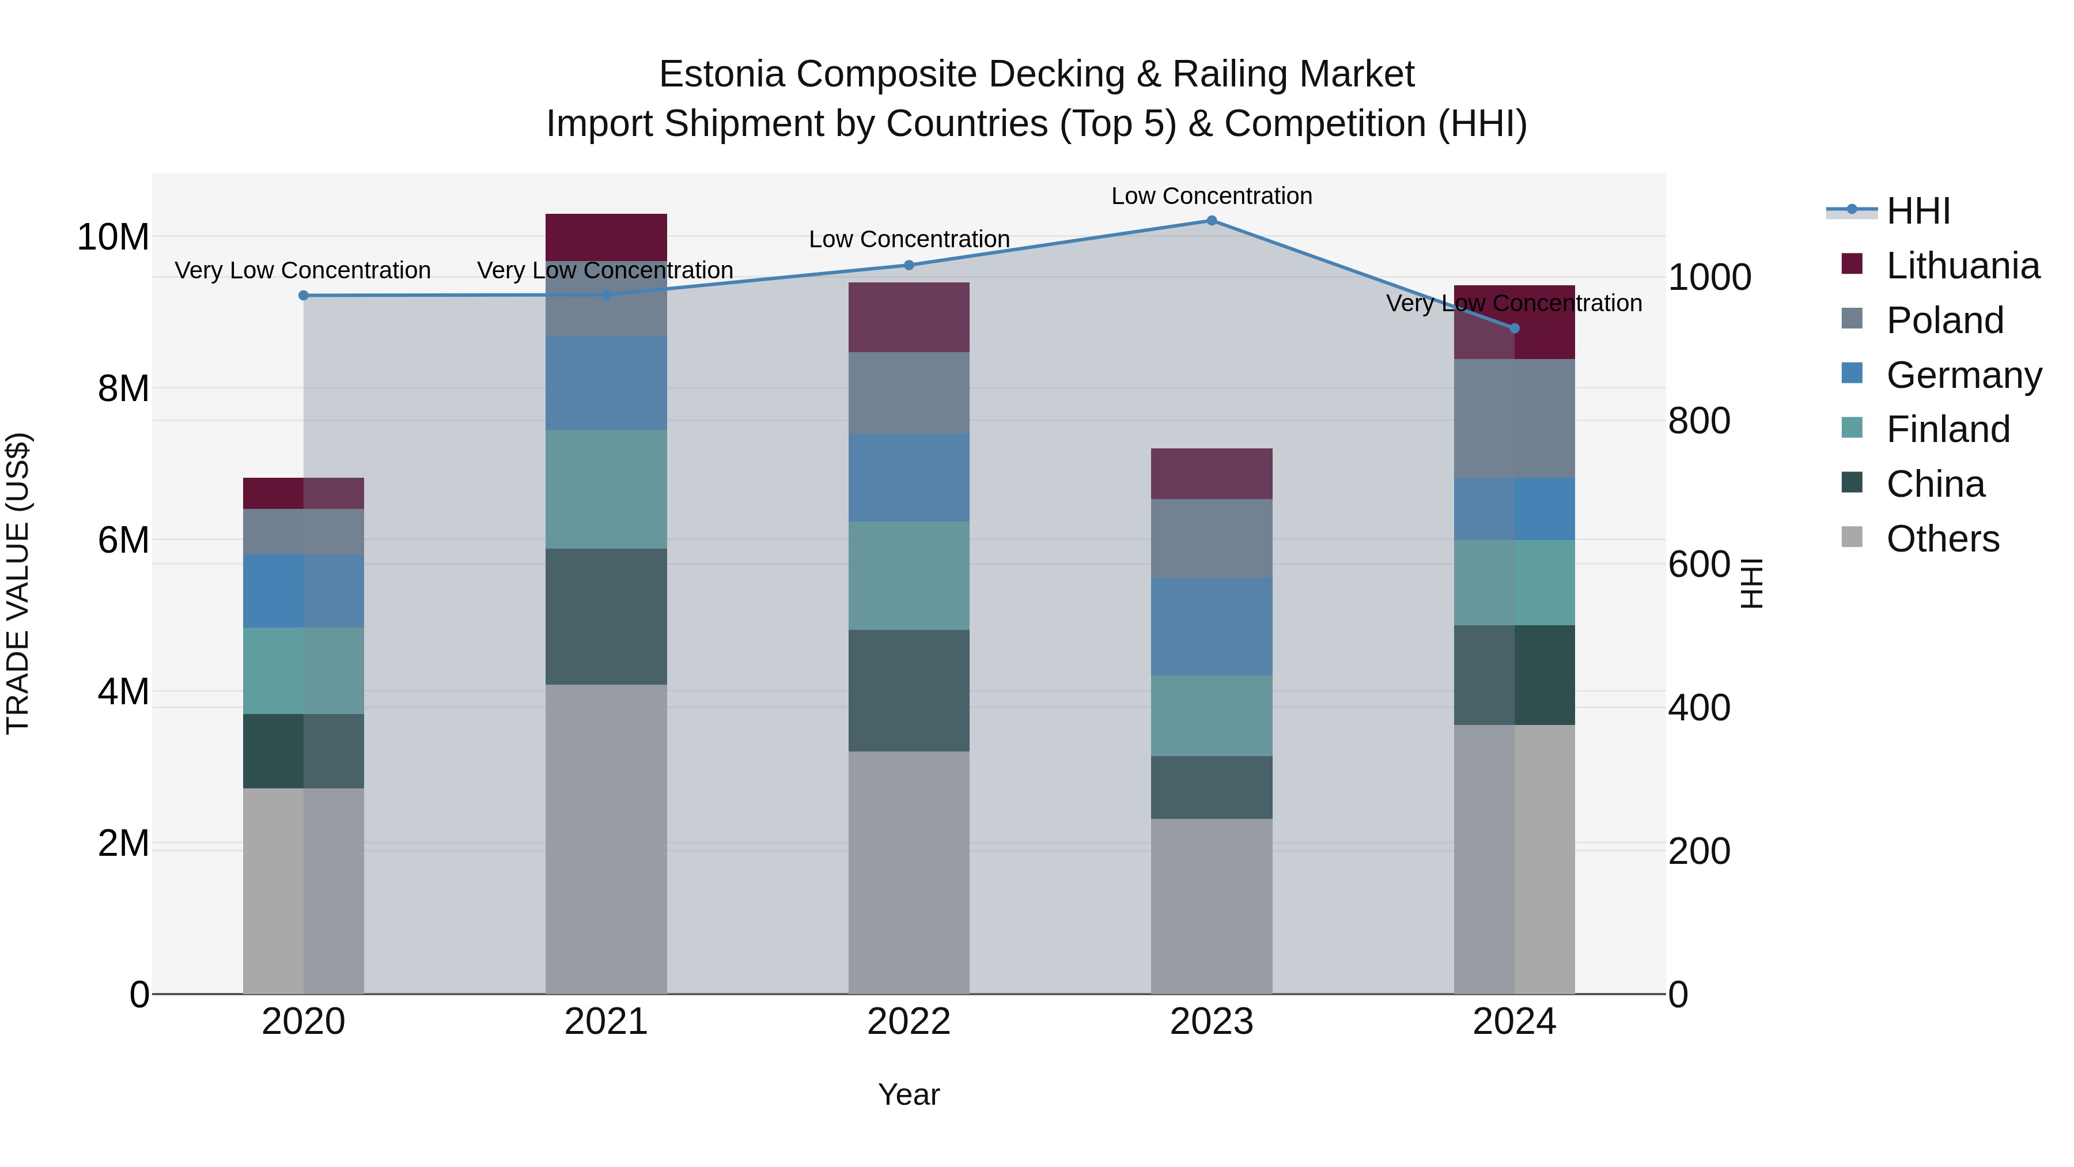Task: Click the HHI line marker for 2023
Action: click(x=1211, y=221)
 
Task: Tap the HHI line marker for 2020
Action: click(x=304, y=296)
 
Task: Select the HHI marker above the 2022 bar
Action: click(x=909, y=265)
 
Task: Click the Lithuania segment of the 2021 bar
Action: click(x=606, y=237)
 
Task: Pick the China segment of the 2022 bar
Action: click(x=909, y=690)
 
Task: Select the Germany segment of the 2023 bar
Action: click(x=1211, y=626)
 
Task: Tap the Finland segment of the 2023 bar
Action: click(x=1211, y=715)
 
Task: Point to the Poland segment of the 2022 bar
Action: click(x=909, y=392)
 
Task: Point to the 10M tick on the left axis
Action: click(x=113, y=237)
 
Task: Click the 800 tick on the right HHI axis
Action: click(x=1699, y=421)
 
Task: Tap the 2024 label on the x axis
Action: click(x=1513, y=1022)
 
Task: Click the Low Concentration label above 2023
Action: click(x=1211, y=196)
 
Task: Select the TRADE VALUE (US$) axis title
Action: click(x=18, y=583)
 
